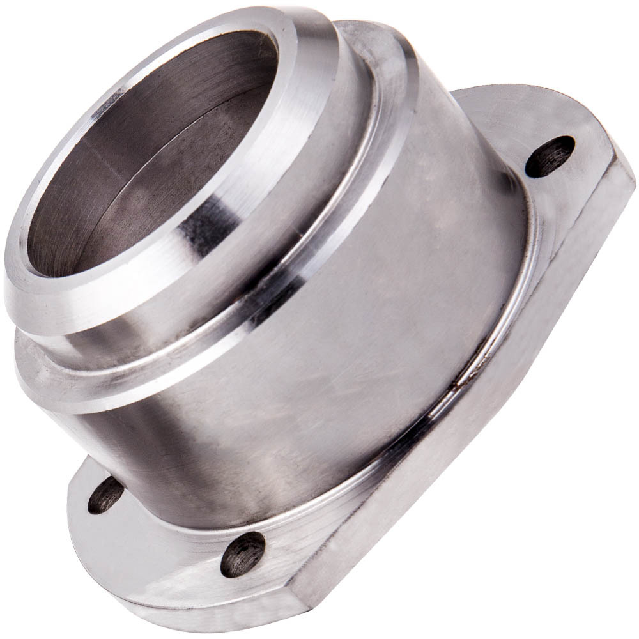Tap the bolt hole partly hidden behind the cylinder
[x=105, y=495]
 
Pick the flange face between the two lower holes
[x=173, y=530]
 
